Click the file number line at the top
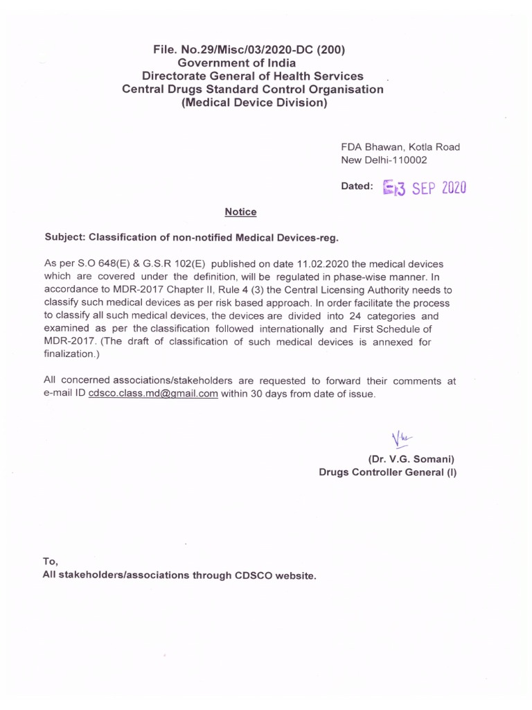252,49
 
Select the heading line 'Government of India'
252,62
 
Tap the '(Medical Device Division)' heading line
252,103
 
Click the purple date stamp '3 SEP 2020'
424,187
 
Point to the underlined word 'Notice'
240,211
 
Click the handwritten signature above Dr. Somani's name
400,438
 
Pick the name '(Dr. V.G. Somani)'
411,459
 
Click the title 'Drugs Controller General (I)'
387,472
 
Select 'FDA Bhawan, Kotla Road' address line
400,147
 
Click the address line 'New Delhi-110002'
384,160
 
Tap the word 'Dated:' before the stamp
357,187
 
